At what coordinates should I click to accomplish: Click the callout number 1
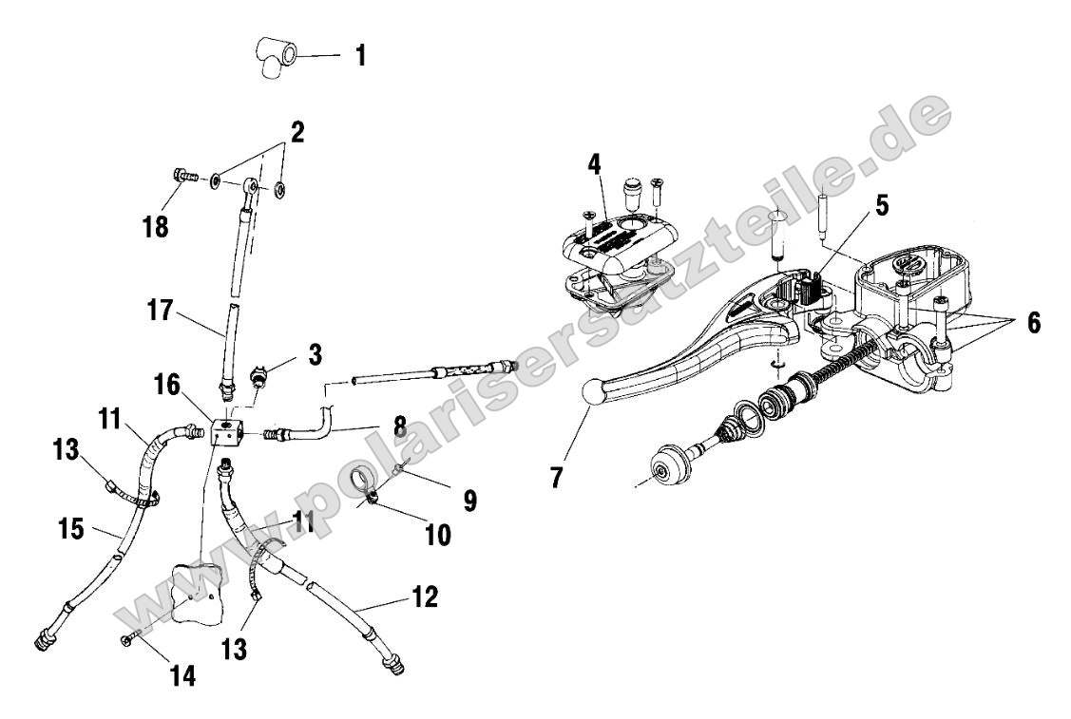(x=360, y=56)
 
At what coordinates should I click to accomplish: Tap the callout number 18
(x=157, y=227)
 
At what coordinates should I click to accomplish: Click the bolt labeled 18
(x=183, y=177)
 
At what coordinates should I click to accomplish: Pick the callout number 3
(x=314, y=355)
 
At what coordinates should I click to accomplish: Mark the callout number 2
(x=297, y=132)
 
